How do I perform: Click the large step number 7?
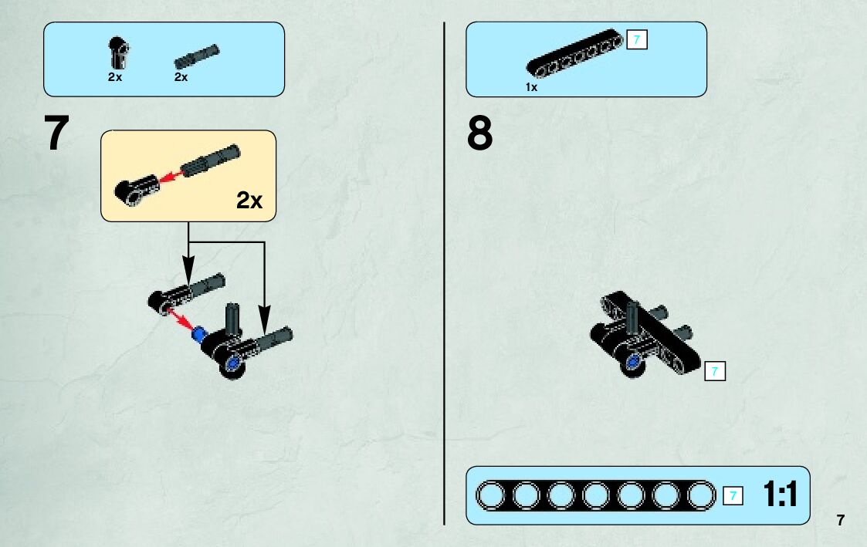[58, 133]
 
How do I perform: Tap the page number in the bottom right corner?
[841, 520]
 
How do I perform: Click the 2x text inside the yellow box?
[249, 201]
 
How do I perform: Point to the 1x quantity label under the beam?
[531, 88]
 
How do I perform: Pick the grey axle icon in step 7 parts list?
[197, 56]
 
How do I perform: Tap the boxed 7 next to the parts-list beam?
[637, 39]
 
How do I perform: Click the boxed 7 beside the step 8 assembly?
[716, 372]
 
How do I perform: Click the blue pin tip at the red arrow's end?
[199, 334]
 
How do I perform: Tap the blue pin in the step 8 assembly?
[634, 361]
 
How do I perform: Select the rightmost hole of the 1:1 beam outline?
[701, 496]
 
